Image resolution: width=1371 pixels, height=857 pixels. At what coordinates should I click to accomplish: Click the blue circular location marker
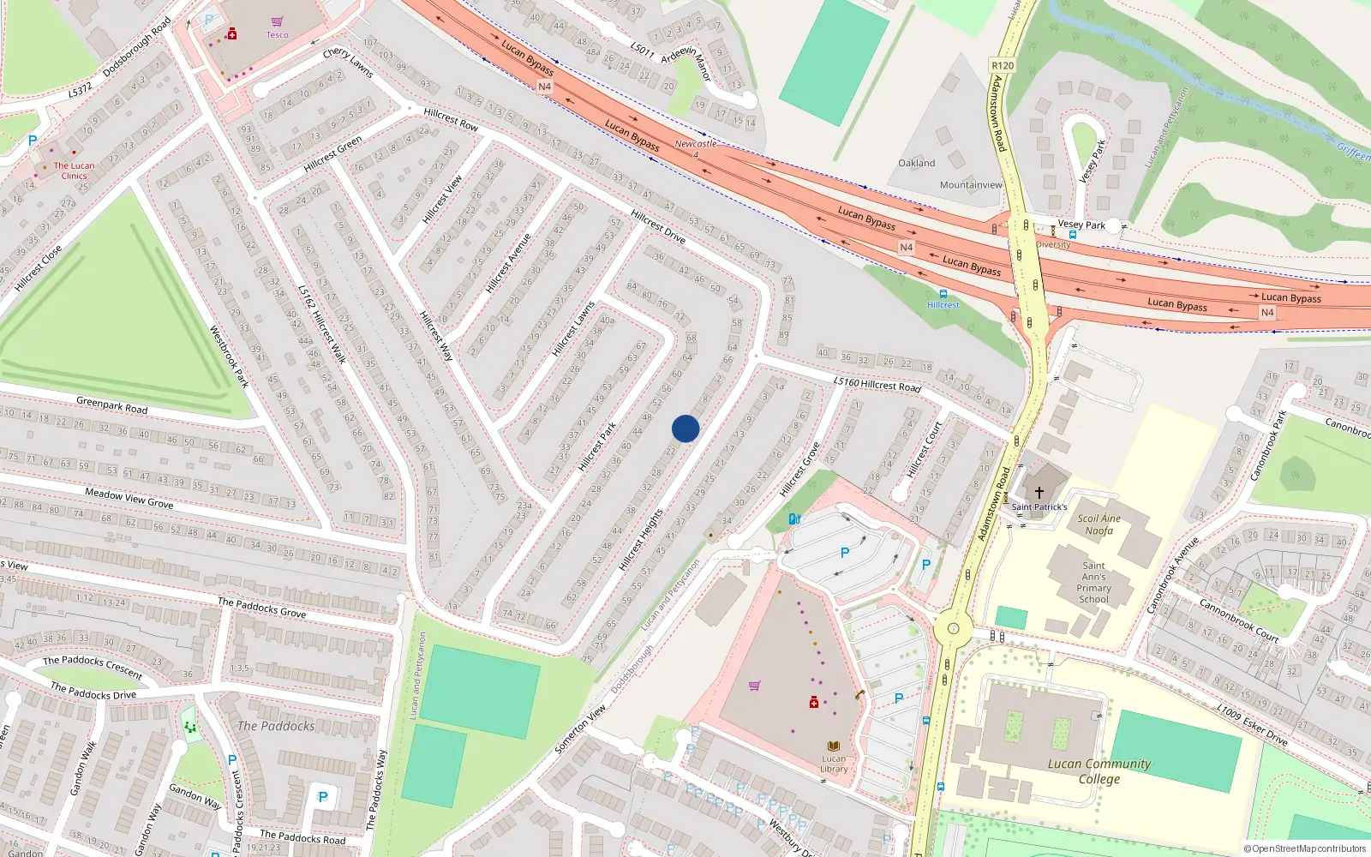(685, 428)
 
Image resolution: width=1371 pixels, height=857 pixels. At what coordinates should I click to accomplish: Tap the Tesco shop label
(277, 35)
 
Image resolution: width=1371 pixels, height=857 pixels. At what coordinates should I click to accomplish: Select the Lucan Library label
(834, 764)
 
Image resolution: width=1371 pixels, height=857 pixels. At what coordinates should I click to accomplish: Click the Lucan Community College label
(1099, 770)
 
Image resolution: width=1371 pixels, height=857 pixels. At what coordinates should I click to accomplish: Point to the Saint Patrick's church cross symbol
(1039, 493)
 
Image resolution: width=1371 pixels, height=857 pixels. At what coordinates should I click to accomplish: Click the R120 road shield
(1003, 65)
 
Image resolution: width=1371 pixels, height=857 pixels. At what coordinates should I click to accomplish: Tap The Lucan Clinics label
(75, 171)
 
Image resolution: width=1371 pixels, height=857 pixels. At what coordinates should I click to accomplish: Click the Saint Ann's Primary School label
(1093, 582)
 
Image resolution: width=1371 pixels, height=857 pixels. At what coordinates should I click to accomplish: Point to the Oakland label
(917, 163)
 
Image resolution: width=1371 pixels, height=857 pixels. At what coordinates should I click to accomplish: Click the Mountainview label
(971, 185)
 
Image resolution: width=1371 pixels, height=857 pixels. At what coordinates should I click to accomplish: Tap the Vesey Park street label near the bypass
(1081, 225)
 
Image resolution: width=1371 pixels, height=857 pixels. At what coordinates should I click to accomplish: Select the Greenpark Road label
(111, 405)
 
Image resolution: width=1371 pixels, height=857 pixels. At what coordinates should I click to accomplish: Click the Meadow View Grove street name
(129, 498)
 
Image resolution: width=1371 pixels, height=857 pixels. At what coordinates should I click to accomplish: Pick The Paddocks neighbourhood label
(276, 726)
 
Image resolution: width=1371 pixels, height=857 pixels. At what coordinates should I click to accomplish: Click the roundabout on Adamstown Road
(953, 628)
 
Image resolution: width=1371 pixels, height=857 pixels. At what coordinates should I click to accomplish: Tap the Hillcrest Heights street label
(641, 540)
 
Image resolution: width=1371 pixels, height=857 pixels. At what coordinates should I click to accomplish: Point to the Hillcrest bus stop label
(943, 305)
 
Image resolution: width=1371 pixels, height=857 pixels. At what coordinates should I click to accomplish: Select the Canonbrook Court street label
(1238, 620)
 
